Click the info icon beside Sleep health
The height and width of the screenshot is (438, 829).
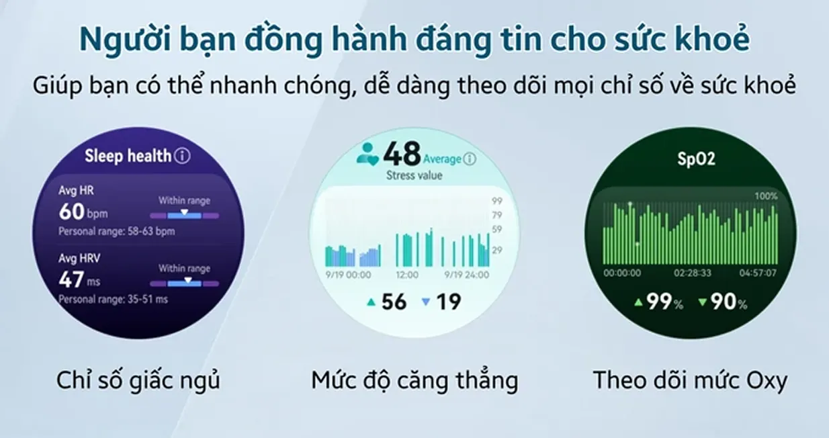(183, 156)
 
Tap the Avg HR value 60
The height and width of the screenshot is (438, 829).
(72, 212)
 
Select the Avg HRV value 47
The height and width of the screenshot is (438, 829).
(71, 279)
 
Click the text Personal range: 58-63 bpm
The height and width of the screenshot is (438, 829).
(117, 232)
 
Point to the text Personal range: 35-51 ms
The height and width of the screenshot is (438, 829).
(114, 299)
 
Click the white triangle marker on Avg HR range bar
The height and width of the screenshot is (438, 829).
(184, 212)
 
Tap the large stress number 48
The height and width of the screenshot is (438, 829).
(402, 154)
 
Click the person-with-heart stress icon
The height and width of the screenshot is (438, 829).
(367, 154)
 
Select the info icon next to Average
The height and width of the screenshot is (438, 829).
(470, 159)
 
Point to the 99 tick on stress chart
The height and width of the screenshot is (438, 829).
(496, 201)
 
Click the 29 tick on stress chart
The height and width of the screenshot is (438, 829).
(496, 250)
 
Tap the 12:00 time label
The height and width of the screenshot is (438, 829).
(407, 275)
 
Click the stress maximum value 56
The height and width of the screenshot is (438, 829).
(394, 302)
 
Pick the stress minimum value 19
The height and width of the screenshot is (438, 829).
(449, 302)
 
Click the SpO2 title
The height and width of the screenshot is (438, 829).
(696, 159)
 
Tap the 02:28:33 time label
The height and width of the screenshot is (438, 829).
(693, 273)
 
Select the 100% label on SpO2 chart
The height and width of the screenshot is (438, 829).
(766, 196)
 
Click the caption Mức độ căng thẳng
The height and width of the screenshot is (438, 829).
(414, 381)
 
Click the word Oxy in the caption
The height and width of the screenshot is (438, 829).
(766, 382)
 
